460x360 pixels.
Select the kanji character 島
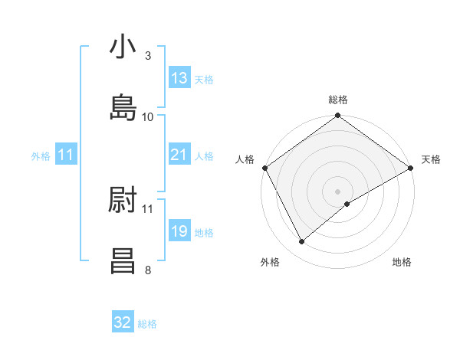click(x=123, y=108)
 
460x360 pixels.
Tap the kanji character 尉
click(x=123, y=200)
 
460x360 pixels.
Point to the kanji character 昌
click(x=123, y=260)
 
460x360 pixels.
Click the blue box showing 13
click(x=179, y=78)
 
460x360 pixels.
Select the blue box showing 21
click(x=179, y=155)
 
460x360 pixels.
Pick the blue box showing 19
click(x=179, y=231)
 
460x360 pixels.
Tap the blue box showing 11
click(x=67, y=155)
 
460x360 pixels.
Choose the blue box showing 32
click(x=123, y=322)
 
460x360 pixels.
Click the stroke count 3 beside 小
click(x=148, y=56)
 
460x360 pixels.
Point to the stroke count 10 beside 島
click(x=148, y=116)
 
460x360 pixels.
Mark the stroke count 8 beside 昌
click(x=148, y=270)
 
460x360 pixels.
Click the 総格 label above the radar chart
click(x=338, y=100)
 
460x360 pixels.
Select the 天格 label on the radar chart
click(x=431, y=159)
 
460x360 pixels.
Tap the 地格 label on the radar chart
click(x=402, y=262)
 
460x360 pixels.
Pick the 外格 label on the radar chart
click(x=270, y=262)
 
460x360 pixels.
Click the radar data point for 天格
click(x=411, y=168)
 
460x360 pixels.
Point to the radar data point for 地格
click(x=347, y=204)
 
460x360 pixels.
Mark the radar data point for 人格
click(x=264, y=168)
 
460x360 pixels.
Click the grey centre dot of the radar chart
click(x=338, y=191)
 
